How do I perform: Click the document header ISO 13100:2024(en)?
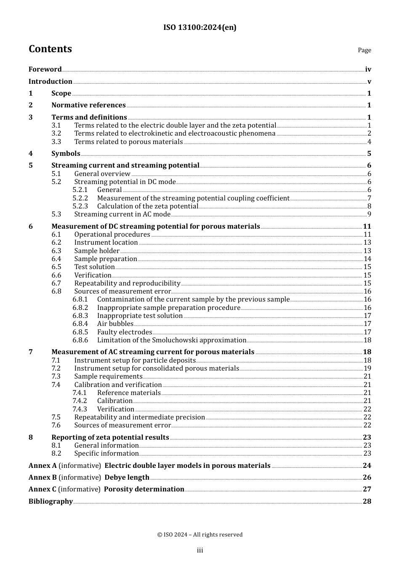point(200,27)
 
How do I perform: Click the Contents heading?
point(50,49)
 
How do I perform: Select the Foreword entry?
point(45,69)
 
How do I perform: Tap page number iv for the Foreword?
point(368,69)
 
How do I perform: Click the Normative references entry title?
point(88,105)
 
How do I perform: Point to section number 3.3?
point(56,142)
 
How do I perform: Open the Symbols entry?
point(66,154)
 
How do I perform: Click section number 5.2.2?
point(80,198)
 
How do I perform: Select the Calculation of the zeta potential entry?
point(147,206)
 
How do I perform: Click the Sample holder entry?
point(97,251)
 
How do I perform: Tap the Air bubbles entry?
point(115,324)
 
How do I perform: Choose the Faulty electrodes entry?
point(124,332)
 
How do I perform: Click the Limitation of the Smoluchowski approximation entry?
point(171,340)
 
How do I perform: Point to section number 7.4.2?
point(80,401)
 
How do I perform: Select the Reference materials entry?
point(128,393)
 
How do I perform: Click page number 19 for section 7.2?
point(367,368)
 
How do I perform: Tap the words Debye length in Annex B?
point(127,478)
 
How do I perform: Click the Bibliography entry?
point(51,502)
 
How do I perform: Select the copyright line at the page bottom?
point(200,535)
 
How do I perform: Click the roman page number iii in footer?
point(200,550)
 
